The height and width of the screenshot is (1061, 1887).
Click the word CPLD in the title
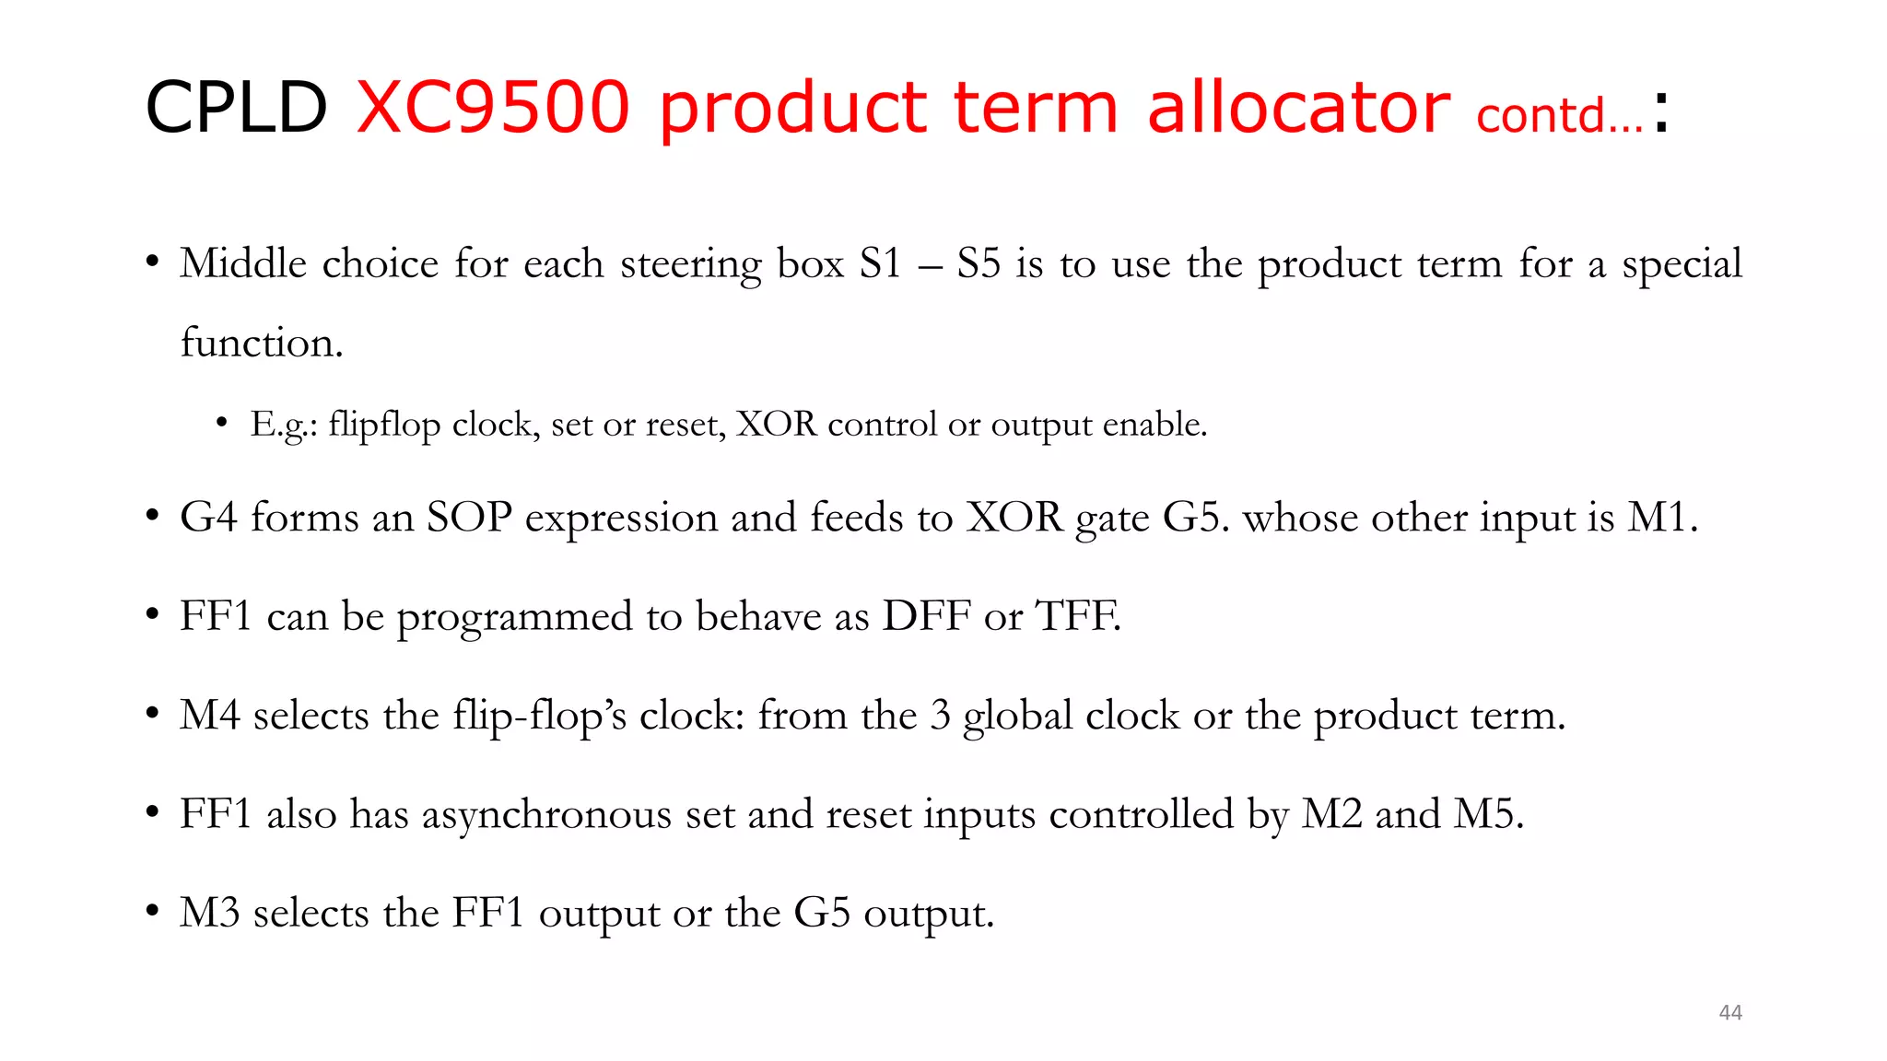[x=236, y=108]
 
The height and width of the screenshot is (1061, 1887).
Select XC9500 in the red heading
[x=493, y=108]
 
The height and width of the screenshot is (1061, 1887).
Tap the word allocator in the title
[x=1298, y=108]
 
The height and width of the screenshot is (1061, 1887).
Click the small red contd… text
[x=1559, y=116]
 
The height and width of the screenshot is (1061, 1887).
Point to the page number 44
[x=1730, y=1012]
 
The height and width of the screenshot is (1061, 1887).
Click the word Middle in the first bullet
[x=243, y=263]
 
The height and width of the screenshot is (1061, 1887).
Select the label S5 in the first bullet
[x=979, y=263]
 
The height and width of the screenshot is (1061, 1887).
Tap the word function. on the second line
[x=262, y=343]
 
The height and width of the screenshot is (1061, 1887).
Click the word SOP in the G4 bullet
[x=469, y=517]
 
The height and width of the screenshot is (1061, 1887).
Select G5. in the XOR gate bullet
[x=1196, y=517]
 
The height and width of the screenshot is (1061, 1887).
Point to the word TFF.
[x=1078, y=615]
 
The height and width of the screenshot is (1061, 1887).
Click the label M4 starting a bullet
[x=209, y=715]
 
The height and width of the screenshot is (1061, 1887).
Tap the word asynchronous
[x=546, y=815]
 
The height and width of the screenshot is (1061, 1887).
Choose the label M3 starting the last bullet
[x=209, y=913]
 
